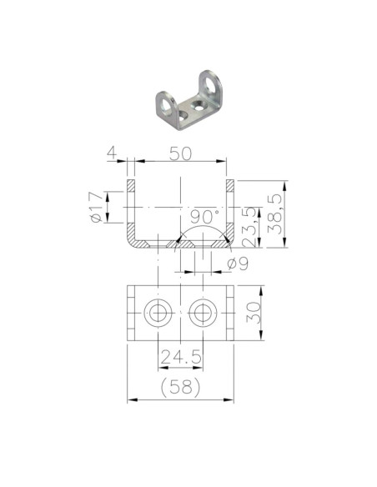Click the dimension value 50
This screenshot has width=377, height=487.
180,155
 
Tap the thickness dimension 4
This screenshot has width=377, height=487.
110,154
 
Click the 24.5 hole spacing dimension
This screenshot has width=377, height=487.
181,358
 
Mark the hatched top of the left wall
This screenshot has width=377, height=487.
131,185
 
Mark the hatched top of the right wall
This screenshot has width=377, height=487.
230,185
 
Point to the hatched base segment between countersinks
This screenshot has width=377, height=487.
180,243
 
